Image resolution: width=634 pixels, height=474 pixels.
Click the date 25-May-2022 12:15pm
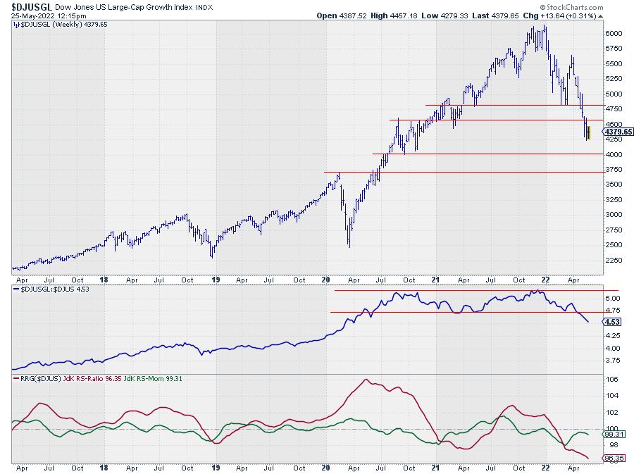[x=44, y=15]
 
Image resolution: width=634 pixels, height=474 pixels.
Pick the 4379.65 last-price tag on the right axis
[x=618, y=132]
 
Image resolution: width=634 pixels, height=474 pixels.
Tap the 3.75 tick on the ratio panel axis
[x=613, y=361]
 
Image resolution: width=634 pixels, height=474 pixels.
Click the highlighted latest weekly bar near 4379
[x=588, y=130]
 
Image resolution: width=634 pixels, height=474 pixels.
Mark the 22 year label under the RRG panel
[x=545, y=467]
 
